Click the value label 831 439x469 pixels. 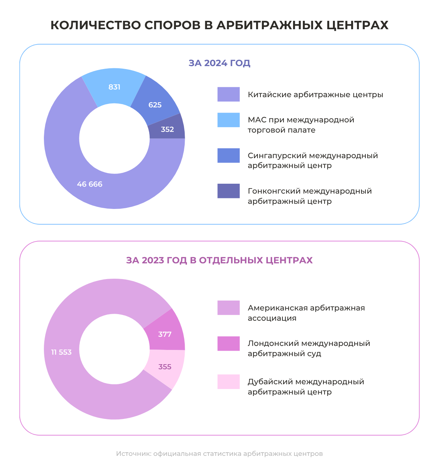115,87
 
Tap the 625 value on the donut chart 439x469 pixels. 155,105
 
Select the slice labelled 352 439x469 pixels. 168,129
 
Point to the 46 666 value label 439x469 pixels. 90,184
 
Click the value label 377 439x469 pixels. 165,334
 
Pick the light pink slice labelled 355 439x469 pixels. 165,367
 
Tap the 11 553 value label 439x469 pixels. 61,352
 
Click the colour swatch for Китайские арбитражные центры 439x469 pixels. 229,94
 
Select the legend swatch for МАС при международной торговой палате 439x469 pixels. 229,120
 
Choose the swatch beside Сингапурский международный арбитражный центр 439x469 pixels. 229,155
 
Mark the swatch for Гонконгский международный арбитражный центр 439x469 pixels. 229,191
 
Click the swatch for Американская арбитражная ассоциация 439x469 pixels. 229,308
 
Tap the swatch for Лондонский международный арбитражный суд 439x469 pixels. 229,343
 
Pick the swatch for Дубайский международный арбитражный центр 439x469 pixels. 229,382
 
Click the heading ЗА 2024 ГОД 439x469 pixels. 219,63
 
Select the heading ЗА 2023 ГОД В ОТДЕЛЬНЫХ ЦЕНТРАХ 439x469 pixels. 219,260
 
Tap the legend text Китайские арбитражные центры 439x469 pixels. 315,95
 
